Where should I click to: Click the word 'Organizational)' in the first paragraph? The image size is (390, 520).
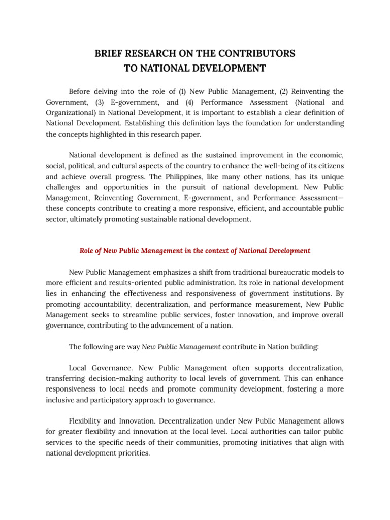point(72,112)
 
